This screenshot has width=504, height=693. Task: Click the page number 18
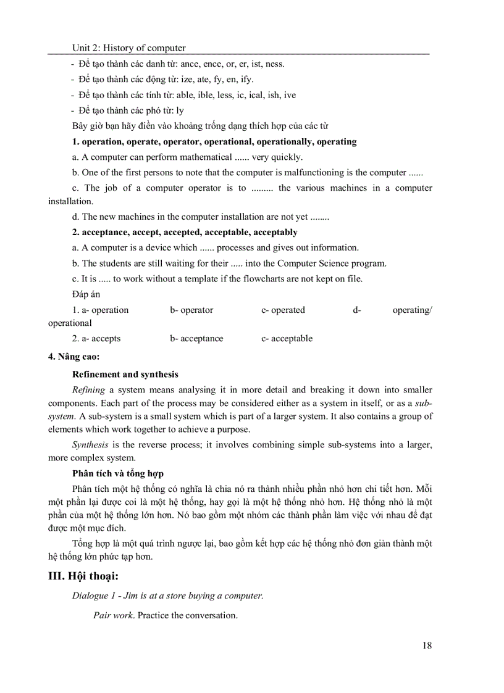click(427, 645)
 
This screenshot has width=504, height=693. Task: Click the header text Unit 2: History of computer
click(129, 48)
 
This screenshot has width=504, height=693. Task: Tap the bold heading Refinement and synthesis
click(125, 374)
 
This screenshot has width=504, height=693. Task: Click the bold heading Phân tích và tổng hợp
click(117, 473)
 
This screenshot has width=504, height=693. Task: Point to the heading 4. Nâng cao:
click(73, 356)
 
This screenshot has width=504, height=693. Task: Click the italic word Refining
click(88, 389)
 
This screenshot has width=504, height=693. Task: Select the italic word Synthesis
click(90, 444)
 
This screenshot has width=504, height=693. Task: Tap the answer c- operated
click(283, 310)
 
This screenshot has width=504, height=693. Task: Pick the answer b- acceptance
click(196, 338)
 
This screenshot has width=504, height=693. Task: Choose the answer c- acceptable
click(287, 338)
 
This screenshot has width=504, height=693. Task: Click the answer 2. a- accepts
click(96, 338)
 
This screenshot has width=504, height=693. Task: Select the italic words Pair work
click(113, 615)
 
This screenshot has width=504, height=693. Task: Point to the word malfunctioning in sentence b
click(295, 173)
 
